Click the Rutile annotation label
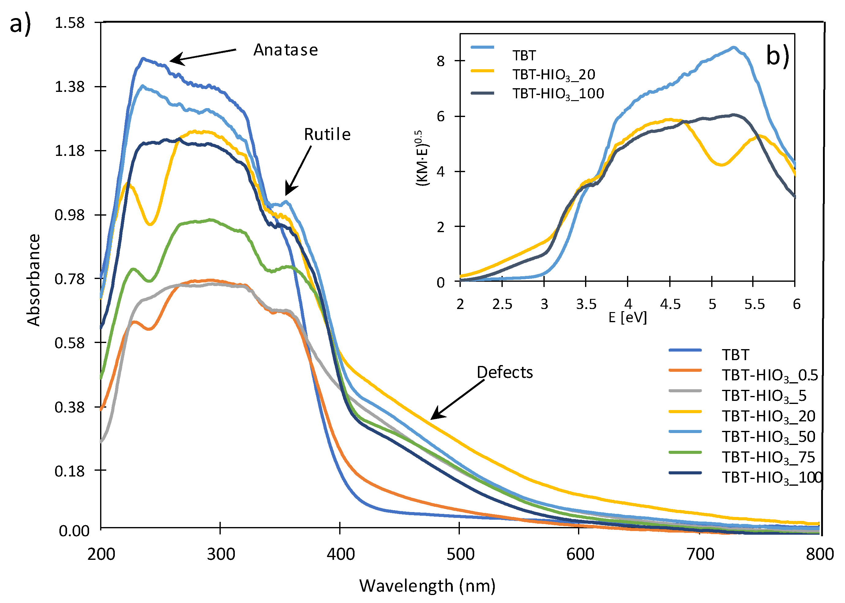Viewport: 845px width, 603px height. point(327,134)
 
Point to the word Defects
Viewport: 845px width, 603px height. point(504,372)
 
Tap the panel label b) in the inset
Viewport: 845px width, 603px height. point(777,56)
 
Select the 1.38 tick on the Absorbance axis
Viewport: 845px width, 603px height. point(70,87)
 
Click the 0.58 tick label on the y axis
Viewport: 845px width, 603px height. point(70,343)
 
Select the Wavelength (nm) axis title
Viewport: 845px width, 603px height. point(427,586)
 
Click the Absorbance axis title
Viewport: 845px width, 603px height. point(33,280)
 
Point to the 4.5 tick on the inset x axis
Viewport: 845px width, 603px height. point(670,304)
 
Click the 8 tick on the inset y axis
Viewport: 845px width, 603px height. point(441,61)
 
